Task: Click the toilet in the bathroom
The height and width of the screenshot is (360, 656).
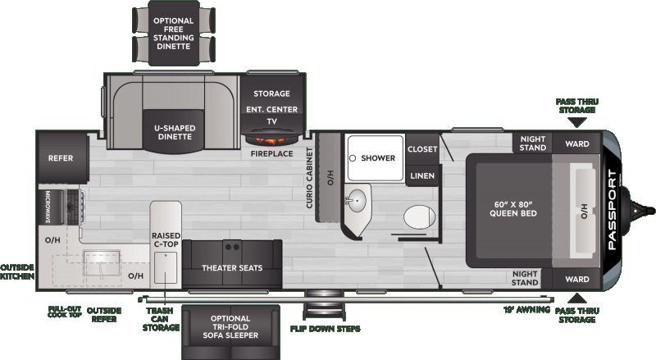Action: click(419, 216)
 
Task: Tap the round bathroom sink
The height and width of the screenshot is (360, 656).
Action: click(356, 201)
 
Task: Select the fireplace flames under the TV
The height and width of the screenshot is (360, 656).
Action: click(271, 139)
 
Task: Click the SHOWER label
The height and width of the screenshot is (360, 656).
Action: click(378, 158)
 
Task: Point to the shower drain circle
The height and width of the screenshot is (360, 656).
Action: click(353, 158)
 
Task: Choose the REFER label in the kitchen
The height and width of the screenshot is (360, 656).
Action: click(60, 158)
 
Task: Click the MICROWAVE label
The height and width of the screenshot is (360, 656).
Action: click(48, 207)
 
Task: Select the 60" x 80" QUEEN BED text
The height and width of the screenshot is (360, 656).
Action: click(513, 209)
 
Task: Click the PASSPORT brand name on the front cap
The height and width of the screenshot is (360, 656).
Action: click(612, 210)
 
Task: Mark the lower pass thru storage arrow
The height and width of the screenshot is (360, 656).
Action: click(577, 298)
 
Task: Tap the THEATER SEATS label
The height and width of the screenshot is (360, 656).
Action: click(232, 268)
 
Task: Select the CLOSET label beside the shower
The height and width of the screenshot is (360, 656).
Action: click(422, 149)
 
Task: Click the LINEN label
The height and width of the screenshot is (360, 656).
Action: click(422, 175)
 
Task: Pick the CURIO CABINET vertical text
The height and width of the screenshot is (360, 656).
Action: click(310, 178)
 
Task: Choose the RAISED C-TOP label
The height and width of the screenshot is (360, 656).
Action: click(166, 239)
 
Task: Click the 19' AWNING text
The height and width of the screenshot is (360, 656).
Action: click(526, 310)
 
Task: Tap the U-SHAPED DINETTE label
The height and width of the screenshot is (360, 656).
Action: click(175, 132)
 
